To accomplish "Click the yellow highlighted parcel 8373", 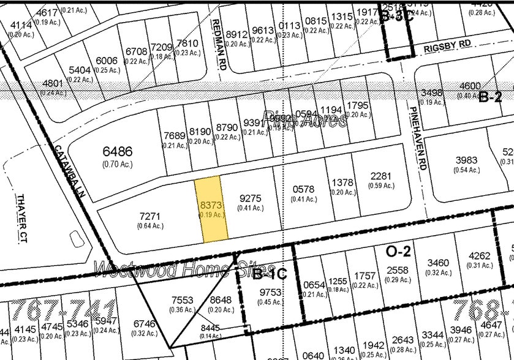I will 211,209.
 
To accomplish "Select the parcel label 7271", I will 150,217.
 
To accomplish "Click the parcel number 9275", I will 251,198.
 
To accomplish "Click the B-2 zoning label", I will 490,97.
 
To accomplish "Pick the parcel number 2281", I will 380,177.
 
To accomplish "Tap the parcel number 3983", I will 466,160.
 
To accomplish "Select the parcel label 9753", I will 270,293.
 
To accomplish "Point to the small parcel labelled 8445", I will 210,328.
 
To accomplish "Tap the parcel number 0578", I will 303,190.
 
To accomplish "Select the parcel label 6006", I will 107,61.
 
